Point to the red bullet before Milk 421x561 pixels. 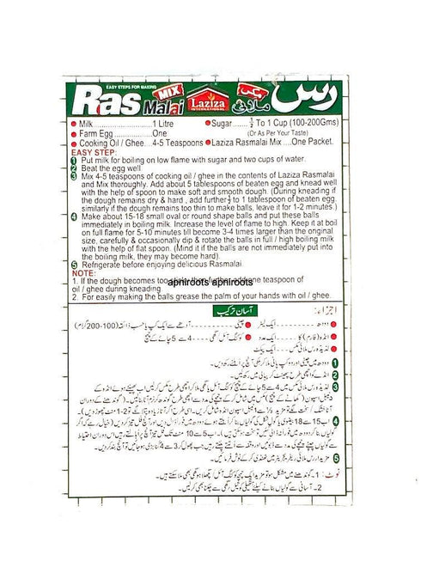[73, 125]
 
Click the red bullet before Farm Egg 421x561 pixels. [73, 135]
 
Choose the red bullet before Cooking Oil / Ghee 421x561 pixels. [73, 143]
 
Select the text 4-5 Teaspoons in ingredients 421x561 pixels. [176, 143]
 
